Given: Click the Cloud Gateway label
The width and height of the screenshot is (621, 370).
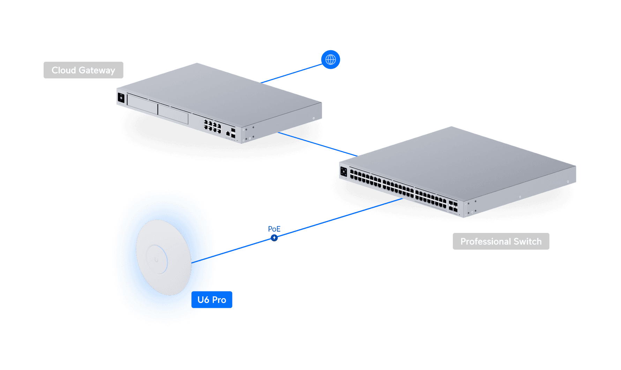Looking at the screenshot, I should pos(83,70).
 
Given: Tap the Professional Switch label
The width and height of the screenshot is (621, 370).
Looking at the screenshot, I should pos(501,241).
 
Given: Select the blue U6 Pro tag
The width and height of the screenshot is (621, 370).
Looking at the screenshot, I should pos(212,300).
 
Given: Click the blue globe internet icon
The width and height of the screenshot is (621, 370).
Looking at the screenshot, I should pos(330,60).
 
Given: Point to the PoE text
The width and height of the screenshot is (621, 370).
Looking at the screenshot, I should pos(274,229).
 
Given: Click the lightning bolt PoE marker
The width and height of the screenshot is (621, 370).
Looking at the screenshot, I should pos(274,238).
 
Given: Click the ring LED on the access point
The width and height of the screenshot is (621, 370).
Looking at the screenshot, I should pos(157,259).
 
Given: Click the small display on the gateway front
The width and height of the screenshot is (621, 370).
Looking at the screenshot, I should pos(121,98).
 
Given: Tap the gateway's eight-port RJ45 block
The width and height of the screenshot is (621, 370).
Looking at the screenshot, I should pos(212,126).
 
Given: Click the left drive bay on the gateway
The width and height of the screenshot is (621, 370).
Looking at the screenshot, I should pos(142,104).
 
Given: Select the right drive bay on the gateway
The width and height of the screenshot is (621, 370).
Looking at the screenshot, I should pos(173,113).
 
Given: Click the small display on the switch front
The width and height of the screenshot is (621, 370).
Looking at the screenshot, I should pos(344,171).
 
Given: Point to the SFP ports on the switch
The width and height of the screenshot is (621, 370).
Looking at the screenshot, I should pos(453,206).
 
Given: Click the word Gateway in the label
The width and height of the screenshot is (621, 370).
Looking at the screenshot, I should pos(97,70).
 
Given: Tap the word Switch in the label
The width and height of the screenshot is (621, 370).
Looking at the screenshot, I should pos(528,241).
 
